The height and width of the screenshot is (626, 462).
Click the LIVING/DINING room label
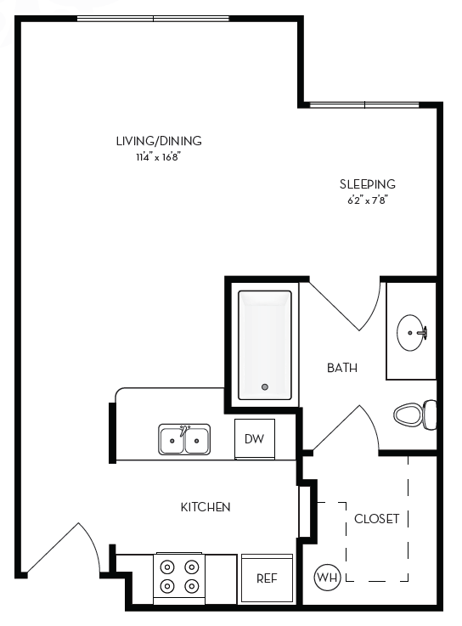(x=159, y=141)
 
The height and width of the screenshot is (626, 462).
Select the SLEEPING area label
(x=368, y=183)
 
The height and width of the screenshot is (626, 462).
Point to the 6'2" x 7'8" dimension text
(x=368, y=200)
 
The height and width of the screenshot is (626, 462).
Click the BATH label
(x=342, y=368)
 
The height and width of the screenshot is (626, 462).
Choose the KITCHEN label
(x=206, y=507)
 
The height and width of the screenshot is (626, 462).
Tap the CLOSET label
(x=376, y=519)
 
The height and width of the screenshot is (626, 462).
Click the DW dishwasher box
(x=254, y=439)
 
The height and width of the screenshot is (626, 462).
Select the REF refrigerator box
(x=268, y=578)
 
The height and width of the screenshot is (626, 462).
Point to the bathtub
(x=265, y=344)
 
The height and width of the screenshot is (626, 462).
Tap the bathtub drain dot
(x=265, y=387)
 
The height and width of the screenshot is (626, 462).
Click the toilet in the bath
(x=414, y=415)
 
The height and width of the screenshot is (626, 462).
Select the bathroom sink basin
(x=413, y=330)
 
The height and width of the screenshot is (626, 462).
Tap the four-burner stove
(x=177, y=576)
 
